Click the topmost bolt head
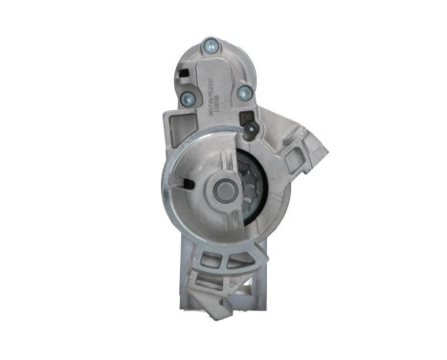pos(210,43)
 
